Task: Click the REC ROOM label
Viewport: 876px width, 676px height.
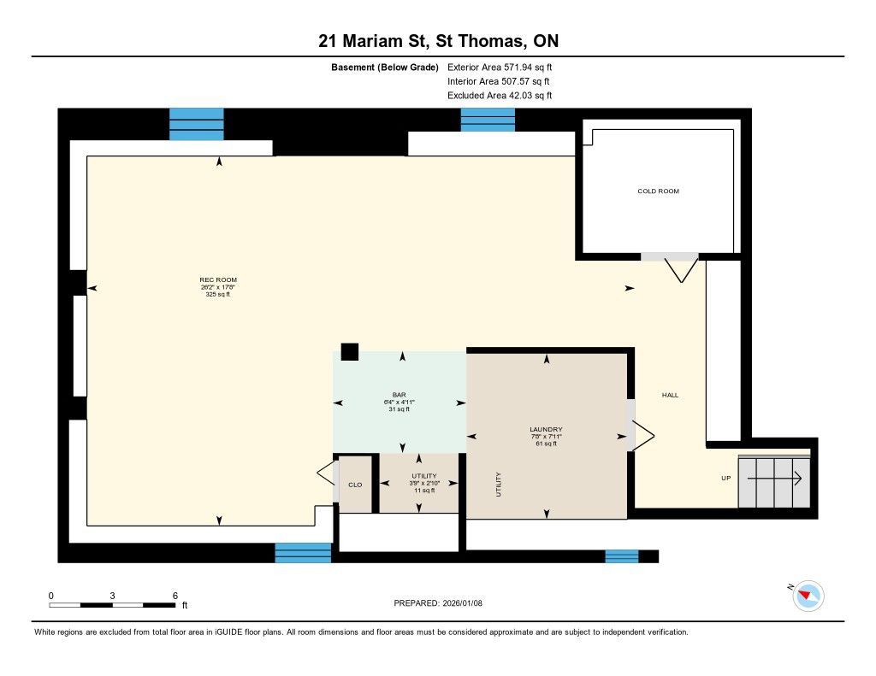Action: tap(218, 279)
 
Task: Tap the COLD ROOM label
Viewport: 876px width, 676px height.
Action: tap(658, 191)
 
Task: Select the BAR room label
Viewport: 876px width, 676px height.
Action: tap(399, 395)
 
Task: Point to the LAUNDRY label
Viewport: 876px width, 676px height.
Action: tap(546, 429)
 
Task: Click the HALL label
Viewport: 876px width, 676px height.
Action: tap(670, 395)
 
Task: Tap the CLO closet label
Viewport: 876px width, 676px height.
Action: tap(355, 485)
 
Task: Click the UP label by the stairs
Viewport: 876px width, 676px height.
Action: tap(725, 478)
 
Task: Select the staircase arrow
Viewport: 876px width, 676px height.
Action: tap(775, 479)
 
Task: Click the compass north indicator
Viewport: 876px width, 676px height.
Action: tap(808, 596)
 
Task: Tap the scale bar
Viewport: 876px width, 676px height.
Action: tap(112, 605)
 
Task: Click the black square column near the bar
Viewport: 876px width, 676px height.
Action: tap(350, 352)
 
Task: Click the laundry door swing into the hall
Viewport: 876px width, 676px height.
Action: tap(643, 436)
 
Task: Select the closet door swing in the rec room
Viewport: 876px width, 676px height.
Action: tap(325, 474)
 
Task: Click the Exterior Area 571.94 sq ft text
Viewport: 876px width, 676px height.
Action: tap(500, 67)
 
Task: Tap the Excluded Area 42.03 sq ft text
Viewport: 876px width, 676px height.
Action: tap(500, 96)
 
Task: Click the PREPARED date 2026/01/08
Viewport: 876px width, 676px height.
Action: tap(438, 603)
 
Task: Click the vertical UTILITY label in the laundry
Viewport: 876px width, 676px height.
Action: tap(499, 484)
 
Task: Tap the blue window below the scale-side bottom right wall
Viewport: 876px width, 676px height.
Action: tap(622, 556)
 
